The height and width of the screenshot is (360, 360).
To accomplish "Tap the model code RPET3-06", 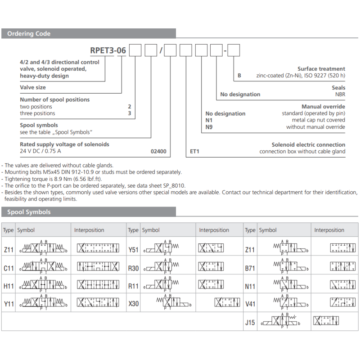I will click(108, 50).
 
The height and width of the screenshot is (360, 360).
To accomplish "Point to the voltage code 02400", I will click(158, 152).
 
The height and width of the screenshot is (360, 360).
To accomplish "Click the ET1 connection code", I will click(194, 152).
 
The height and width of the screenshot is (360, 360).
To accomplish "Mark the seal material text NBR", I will click(340, 94).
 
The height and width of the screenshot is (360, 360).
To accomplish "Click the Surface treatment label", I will click(321, 69).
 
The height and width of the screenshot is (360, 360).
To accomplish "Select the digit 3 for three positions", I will click(130, 113).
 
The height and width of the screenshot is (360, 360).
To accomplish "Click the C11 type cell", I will click(9, 268).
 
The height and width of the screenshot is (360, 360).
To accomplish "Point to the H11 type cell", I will click(9, 286).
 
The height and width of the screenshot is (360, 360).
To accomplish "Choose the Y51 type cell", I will click(133, 250).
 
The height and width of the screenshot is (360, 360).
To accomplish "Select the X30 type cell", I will click(133, 304).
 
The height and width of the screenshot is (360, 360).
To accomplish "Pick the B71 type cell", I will click(250, 268).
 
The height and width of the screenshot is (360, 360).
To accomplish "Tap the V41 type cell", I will click(250, 304).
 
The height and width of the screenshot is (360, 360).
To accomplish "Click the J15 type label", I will click(250, 322).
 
